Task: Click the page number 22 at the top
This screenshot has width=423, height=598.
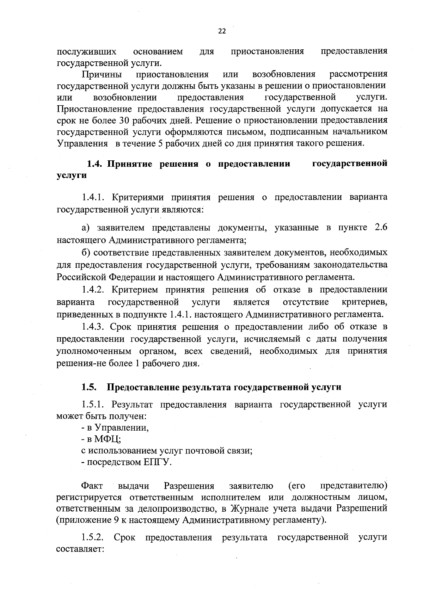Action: [x=222, y=31]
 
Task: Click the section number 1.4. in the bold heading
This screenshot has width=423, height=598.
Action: [x=95, y=164]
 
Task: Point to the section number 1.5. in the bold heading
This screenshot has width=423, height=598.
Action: [x=89, y=387]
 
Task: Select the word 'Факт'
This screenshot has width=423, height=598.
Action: [x=92, y=486]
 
